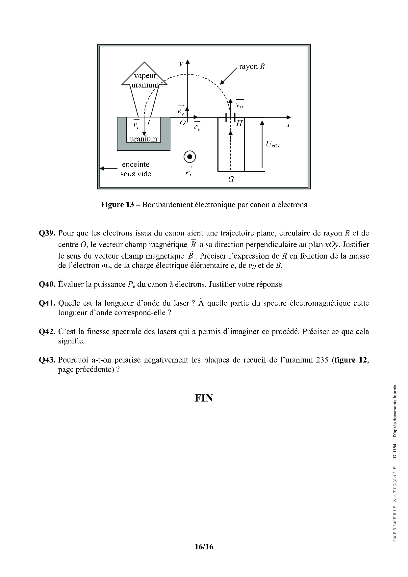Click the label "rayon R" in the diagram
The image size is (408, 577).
[x=252, y=66]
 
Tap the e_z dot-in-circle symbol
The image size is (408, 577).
[x=190, y=157]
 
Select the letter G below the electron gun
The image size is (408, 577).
[x=231, y=179]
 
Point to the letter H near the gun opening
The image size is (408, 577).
[x=239, y=124]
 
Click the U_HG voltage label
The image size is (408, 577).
[x=272, y=144]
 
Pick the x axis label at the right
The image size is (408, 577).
[x=288, y=125]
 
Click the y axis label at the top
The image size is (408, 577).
[x=181, y=63]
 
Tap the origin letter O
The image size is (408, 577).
[x=183, y=123]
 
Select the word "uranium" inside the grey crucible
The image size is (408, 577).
[x=143, y=138]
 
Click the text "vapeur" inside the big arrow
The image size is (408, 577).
[x=145, y=76]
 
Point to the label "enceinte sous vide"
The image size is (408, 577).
[x=136, y=169]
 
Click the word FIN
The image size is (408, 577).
[x=204, y=398]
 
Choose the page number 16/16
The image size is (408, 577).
[x=204, y=547]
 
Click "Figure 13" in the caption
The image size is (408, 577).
[x=117, y=205]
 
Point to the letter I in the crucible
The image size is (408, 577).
[x=148, y=123]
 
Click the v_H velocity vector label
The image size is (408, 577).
[x=240, y=105]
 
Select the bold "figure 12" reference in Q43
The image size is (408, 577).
[x=350, y=360]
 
